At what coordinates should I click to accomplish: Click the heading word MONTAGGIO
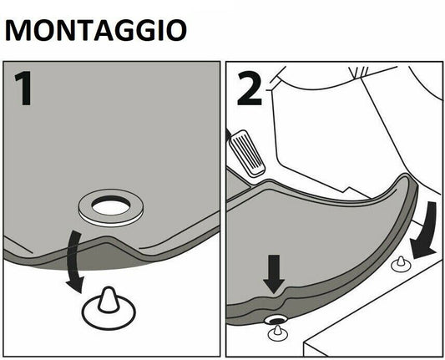[x=96, y=30]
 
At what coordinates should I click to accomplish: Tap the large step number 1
[x=24, y=89]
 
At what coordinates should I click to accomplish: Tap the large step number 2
[x=249, y=89]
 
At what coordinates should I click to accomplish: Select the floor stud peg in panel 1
[x=108, y=300]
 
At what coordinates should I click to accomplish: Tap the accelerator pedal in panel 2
[x=247, y=153]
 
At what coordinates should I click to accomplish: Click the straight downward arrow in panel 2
[x=274, y=274]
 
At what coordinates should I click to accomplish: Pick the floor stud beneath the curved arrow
[x=401, y=264]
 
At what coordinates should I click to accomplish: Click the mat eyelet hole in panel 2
[x=276, y=320]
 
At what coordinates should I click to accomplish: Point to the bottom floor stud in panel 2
[x=278, y=333]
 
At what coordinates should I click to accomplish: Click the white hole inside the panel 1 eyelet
[x=111, y=207]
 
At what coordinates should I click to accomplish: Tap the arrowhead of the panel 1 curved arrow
[x=74, y=285]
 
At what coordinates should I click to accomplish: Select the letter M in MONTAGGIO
[x=18, y=30]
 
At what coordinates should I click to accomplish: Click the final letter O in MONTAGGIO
[x=176, y=30]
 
